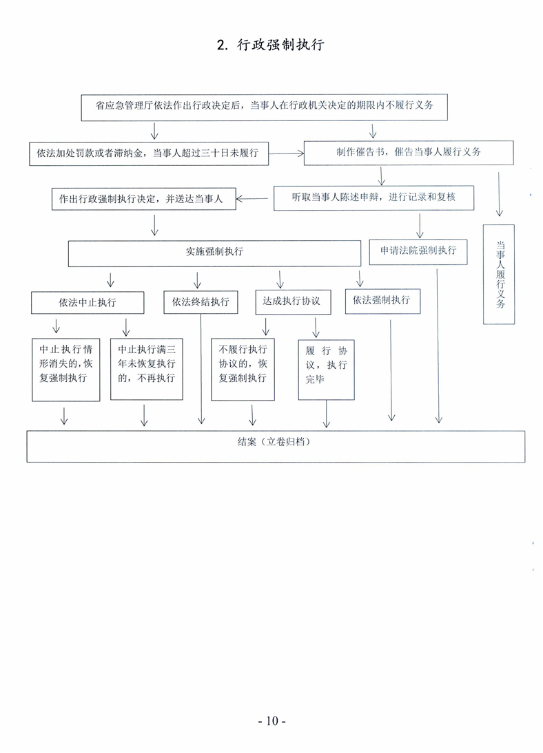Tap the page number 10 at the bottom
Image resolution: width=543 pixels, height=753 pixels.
pyautogui.click(x=272, y=721)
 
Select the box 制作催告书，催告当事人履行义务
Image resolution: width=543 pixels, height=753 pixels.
pyautogui.click(x=409, y=153)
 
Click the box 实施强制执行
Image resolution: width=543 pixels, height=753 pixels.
pyautogui.click(x=214, y=253)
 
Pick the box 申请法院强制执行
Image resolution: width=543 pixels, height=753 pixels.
pyautogui.click(x=418, y=252)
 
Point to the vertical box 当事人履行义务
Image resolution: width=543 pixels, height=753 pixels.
pyautogui.click(x=499, y=274)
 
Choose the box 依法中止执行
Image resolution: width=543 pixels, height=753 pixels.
pyautogui.click(x=88, y=303)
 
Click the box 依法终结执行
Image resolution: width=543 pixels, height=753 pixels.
pyautogui.click(x=201, y=302)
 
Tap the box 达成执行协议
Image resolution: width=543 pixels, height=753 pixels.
pyautogui.click(x=293, y=302)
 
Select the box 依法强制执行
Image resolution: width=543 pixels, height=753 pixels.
pyautogui.click(x=383, y=301)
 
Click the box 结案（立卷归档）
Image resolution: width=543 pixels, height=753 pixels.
pyautogui.click(x=276, y=446)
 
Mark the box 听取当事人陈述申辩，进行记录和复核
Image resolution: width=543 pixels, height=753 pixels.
pyautogui.click(x=373, y=198)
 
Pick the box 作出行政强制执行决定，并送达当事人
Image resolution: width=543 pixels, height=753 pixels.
pyautogui.click(x=144, y=199)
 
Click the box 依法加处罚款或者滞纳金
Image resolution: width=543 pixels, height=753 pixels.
pyautogui.click(x=149, y=153)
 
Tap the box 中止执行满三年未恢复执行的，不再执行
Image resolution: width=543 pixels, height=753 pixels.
pyautogui.click(x=147, y=369)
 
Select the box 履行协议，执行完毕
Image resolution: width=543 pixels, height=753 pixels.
pyautogui.click(x=326, y=370)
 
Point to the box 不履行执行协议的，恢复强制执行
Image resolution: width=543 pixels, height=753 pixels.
pyautogui.click(x=243, y=370)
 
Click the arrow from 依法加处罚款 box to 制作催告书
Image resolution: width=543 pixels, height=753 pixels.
pyautogui.click(x=286, y=153)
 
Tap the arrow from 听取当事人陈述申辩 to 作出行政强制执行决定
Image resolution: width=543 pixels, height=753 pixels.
pyautogui.click(x=252, y=198)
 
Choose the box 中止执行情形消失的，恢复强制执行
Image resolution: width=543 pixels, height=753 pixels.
pyautogui.click(x=66, y=370)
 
